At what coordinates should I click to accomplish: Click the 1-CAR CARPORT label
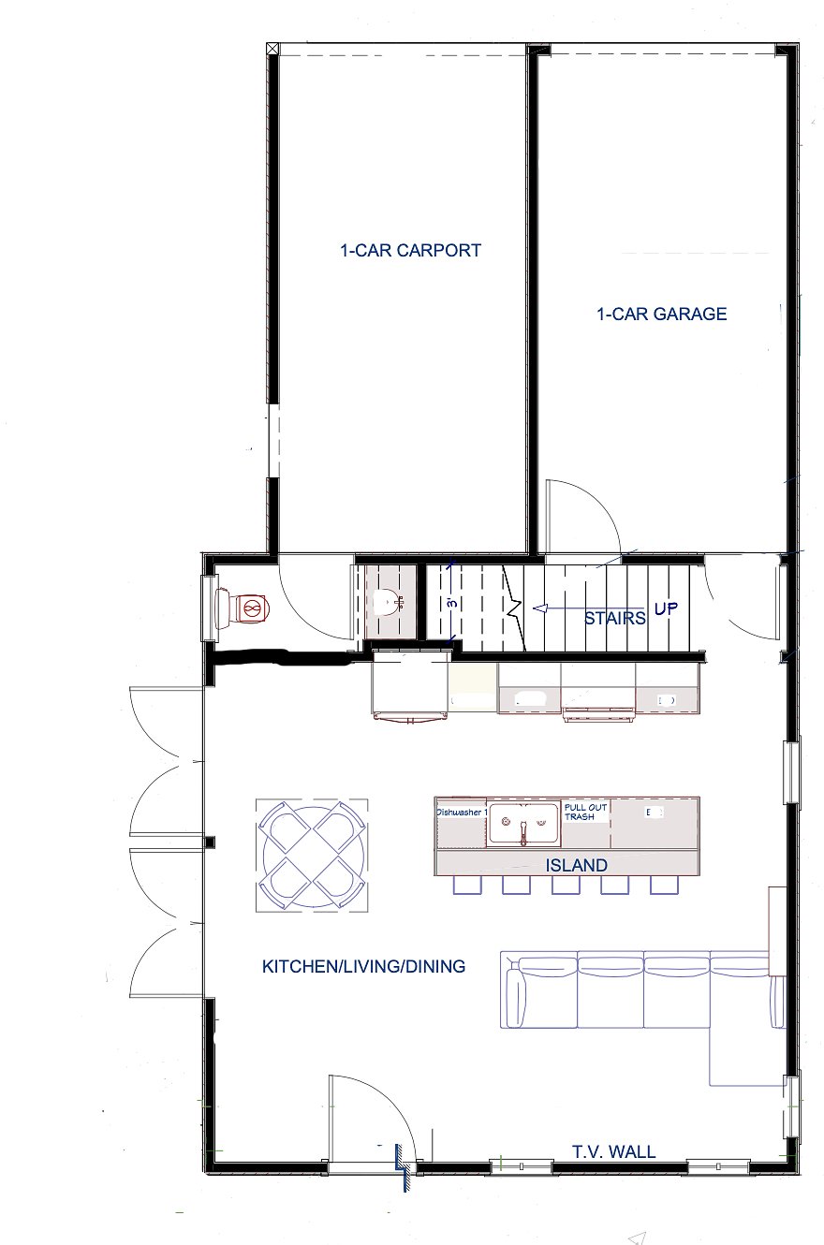[x=410, y=251]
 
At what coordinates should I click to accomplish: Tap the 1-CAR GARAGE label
[x=662, y=314]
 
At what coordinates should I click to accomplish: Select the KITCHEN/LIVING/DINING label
[x=363, y=966]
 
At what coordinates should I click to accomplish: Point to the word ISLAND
[x=576, y=865]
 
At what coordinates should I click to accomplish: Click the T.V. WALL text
[x=614, y=1151]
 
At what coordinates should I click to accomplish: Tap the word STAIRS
[x=615, y=618]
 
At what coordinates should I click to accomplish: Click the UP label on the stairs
[x=666, y=608]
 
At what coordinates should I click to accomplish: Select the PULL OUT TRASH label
[x=585, y=812]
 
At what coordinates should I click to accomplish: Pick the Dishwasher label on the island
[x=462, y=812]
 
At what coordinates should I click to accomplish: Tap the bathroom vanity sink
[x=388, y=603]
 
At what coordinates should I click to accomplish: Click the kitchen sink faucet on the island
[x=522, y=832]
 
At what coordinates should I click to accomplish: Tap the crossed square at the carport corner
[x=272, y=49]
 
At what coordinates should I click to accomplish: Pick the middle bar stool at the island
[x=566, y=885]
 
